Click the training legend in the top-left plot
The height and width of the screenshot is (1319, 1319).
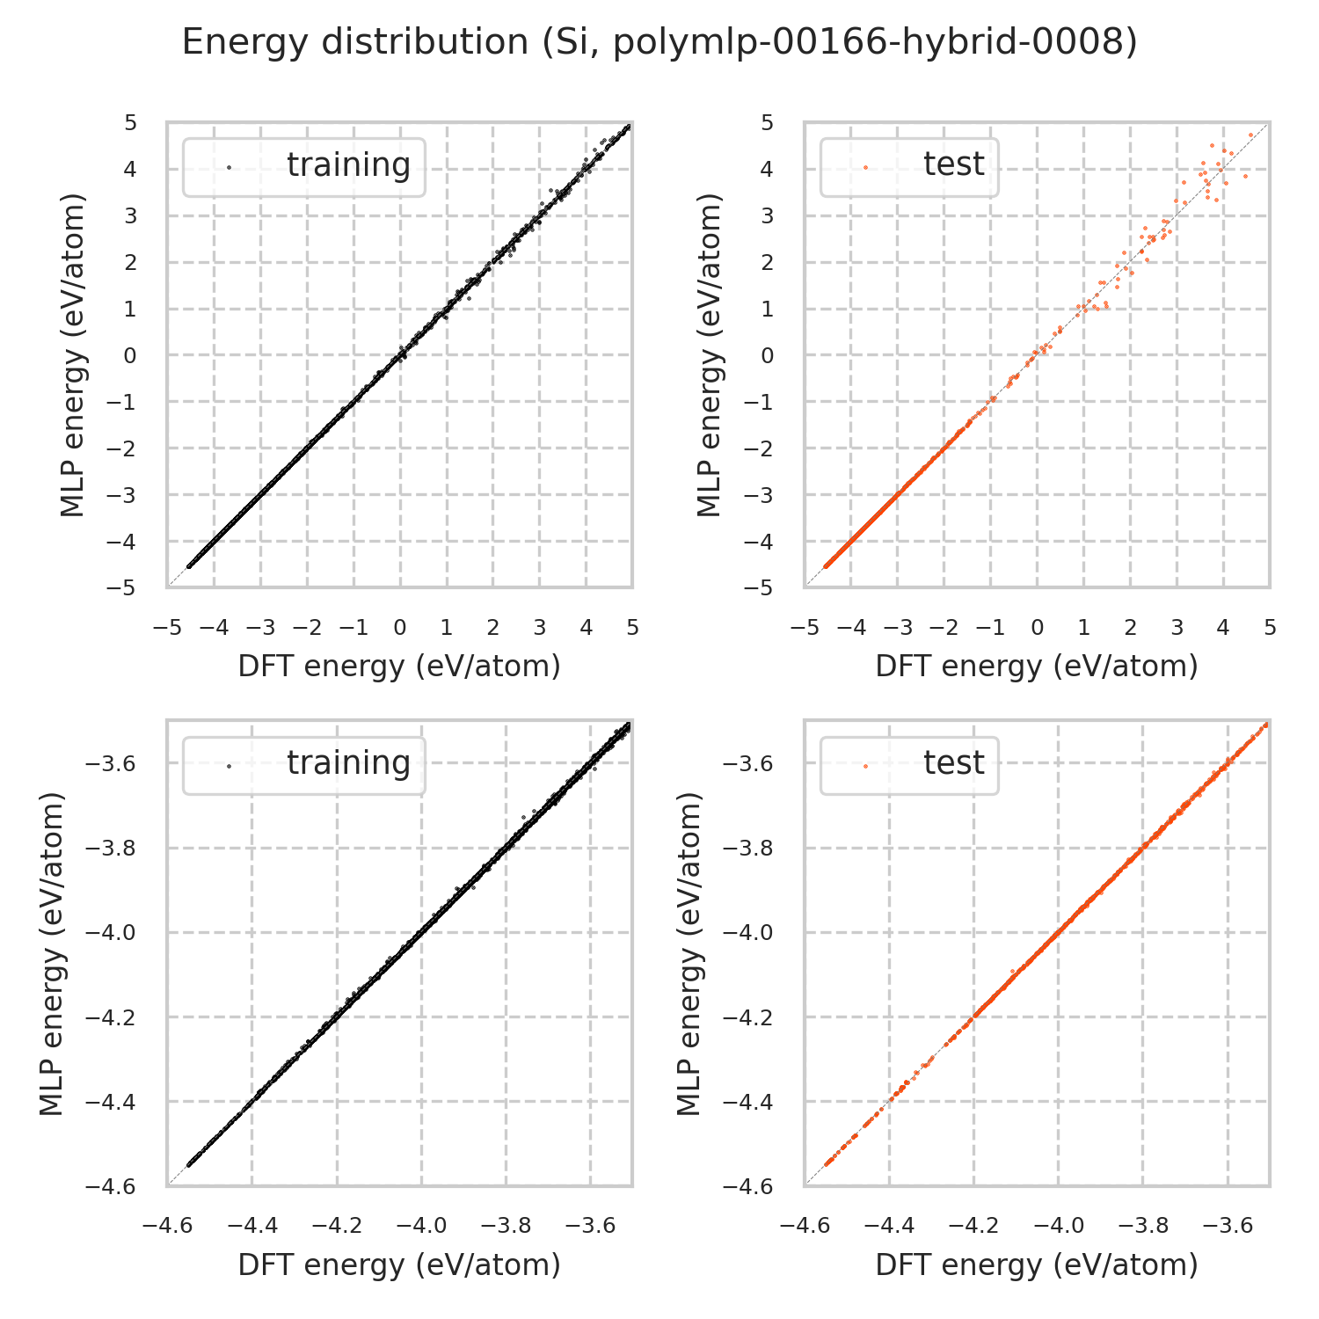click(x=304, y=166)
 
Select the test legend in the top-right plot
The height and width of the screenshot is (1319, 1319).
click(x=909, y=166)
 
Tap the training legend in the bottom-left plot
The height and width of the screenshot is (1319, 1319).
click(x=304, y=764)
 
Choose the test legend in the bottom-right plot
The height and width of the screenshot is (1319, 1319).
click(x=909, y=764)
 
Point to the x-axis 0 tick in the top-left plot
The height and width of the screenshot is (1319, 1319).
click(x=400, y=628)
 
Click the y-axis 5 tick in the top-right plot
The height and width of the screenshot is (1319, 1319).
click(x=768, y=122)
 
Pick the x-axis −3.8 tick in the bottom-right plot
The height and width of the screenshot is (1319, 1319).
click(x=1142, y=1226)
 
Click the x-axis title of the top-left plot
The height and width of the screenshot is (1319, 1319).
click(x=399, y=667)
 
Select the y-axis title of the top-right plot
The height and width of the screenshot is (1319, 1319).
click(x=709, y=354)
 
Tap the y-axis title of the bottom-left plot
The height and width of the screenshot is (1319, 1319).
click(x=53, y=953)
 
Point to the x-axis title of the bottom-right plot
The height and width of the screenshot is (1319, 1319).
click(x=1037, y=1264)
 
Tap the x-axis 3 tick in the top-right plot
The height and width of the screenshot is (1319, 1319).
click(x=1177, y=628)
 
